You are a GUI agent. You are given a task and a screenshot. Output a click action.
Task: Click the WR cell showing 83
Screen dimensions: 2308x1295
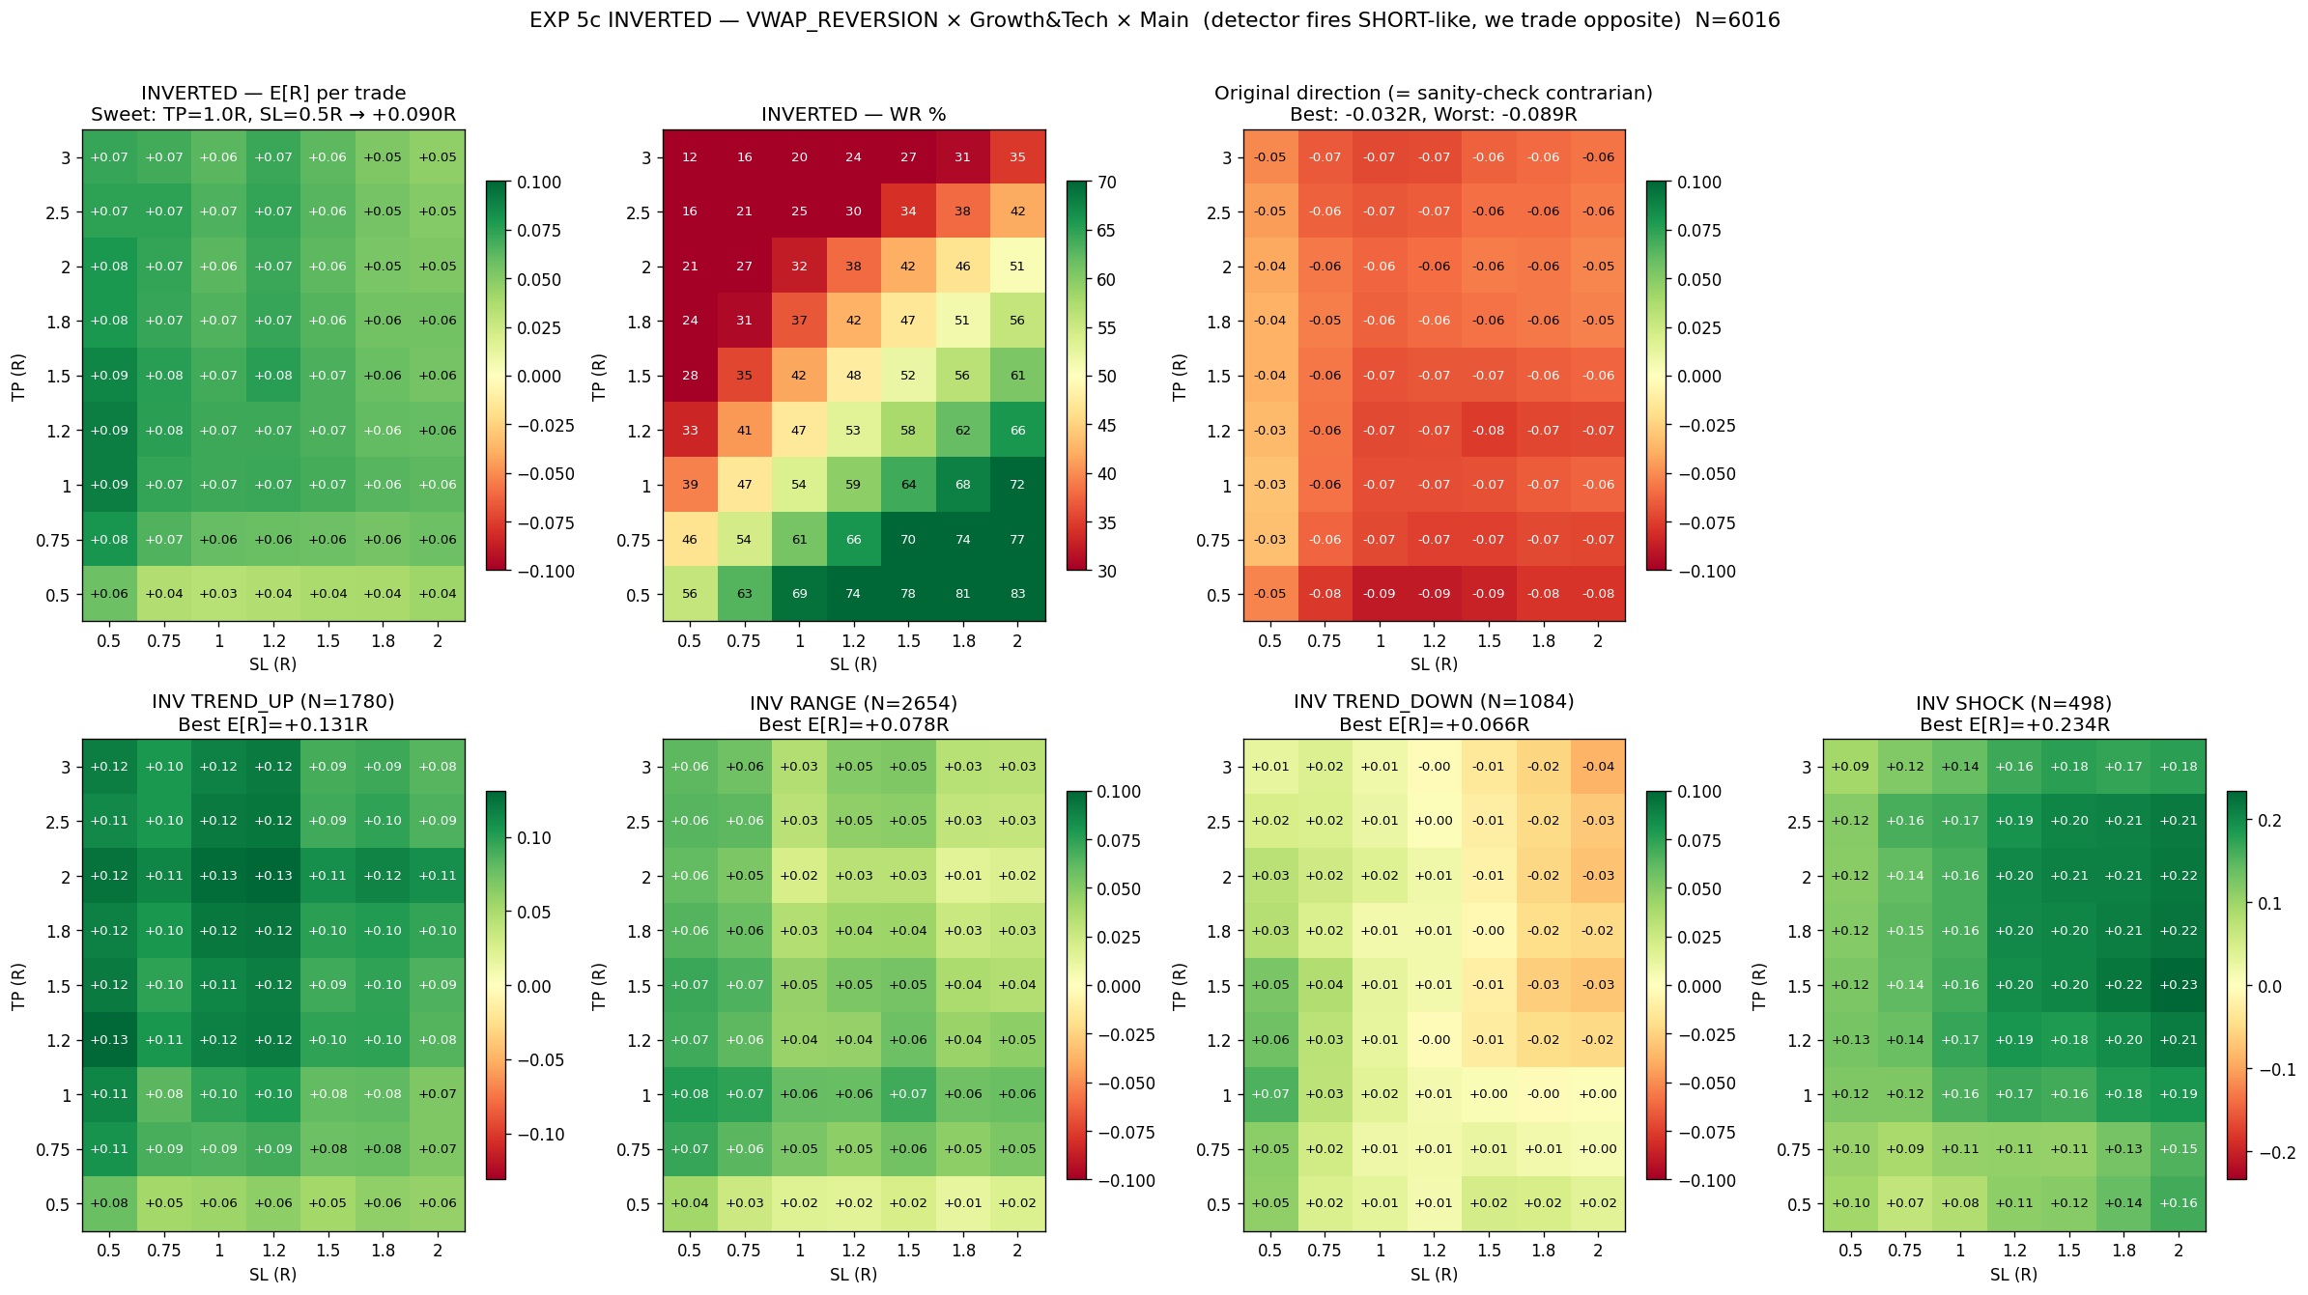[x=1017, y=594]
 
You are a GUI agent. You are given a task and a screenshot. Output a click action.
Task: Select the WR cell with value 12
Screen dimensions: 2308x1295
[x=690, y=157]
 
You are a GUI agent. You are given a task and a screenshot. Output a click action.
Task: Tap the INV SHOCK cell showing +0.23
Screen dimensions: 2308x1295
[x=2178, y=985]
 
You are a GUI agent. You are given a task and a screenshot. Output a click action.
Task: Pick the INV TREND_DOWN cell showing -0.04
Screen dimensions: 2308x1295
[x=1598, y=767]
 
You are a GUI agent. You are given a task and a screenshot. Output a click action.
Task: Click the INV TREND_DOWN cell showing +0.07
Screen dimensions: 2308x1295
[x=1270, y=1094]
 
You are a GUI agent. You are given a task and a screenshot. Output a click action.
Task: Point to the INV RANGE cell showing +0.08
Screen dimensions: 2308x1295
[x=690, y=1094]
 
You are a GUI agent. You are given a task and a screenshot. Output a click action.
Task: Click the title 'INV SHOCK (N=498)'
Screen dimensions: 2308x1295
[x=2014, y=703]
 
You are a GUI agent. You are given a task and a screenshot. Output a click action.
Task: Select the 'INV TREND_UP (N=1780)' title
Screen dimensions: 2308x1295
[x=273, y=701]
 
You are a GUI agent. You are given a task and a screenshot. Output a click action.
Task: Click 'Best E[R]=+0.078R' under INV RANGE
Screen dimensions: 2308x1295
[x=854, y=724]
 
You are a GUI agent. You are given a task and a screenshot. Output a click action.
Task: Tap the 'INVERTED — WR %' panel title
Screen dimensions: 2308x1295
[x=854, y=114]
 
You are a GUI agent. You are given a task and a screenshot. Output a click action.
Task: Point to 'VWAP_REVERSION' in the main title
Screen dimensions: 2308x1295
[x=842, y=20]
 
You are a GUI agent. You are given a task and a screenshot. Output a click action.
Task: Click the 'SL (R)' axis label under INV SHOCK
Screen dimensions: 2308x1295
[x=2014, y=1275]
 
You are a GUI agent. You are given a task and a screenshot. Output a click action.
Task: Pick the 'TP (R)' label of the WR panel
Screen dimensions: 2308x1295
[x=599, y=377]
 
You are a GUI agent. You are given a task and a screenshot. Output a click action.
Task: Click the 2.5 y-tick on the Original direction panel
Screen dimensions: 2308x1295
[x=1220, y=212]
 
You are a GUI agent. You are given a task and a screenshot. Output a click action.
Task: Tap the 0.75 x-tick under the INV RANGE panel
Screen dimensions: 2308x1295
[x=744, y=1251]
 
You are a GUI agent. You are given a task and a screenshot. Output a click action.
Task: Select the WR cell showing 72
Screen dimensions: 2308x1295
[x=1017, y=485]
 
